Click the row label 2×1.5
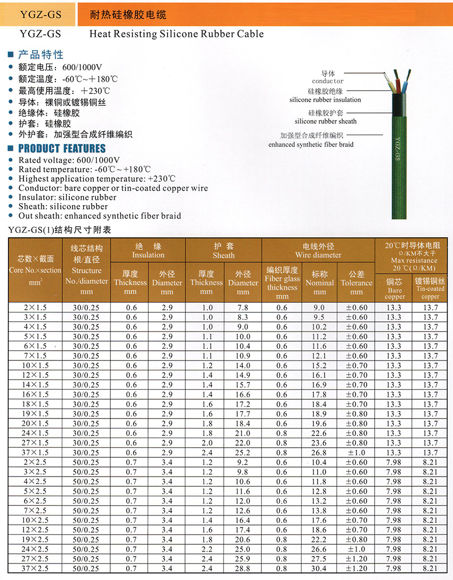pos(36,308)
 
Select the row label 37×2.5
pos(36,568)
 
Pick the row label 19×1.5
pos(36,414)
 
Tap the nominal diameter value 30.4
pos(319,568)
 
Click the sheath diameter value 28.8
pos(242,568)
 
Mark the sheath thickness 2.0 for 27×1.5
pos(206,443)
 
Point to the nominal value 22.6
pos(319,433)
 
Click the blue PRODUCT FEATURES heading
pos(62,149)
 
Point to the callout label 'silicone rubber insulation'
pos(325,100)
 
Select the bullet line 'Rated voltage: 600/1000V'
pos(69,160)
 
